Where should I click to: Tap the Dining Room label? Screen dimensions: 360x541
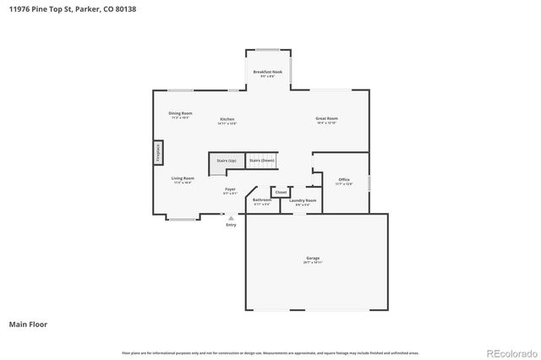(180, 114)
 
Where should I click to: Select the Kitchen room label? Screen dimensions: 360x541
(227, 120)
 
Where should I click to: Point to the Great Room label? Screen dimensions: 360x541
(326, 120)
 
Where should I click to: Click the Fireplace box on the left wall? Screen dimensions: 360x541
(158, 152)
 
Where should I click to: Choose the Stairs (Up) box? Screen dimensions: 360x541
(226, 160)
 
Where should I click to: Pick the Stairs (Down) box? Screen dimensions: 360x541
(261, 160)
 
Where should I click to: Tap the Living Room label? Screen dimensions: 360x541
(183, 179)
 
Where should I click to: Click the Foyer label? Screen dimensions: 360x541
(230, 191)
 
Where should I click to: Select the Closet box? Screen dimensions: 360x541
(280, 192)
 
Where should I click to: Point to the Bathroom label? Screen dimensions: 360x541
(261, 201)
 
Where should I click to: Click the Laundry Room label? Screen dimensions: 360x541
(302, 201)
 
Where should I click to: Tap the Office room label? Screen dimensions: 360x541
(343, 181)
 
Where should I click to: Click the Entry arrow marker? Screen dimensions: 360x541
(231, 218)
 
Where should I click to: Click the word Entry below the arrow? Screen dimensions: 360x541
(231, 225)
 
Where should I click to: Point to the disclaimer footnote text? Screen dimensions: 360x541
(270, 352)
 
